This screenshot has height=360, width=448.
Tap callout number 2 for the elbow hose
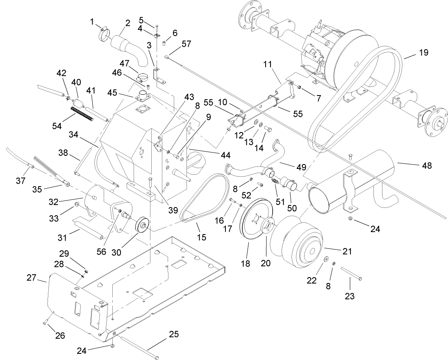point(128,23)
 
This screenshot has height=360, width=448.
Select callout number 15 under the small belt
point(201,237)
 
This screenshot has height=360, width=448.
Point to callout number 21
point(347,251)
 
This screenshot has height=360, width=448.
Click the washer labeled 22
point(326,259)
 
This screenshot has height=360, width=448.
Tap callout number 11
point(268,65)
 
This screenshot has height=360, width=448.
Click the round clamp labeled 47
point(143,77)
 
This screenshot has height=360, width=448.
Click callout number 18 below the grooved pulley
point(245,263)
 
